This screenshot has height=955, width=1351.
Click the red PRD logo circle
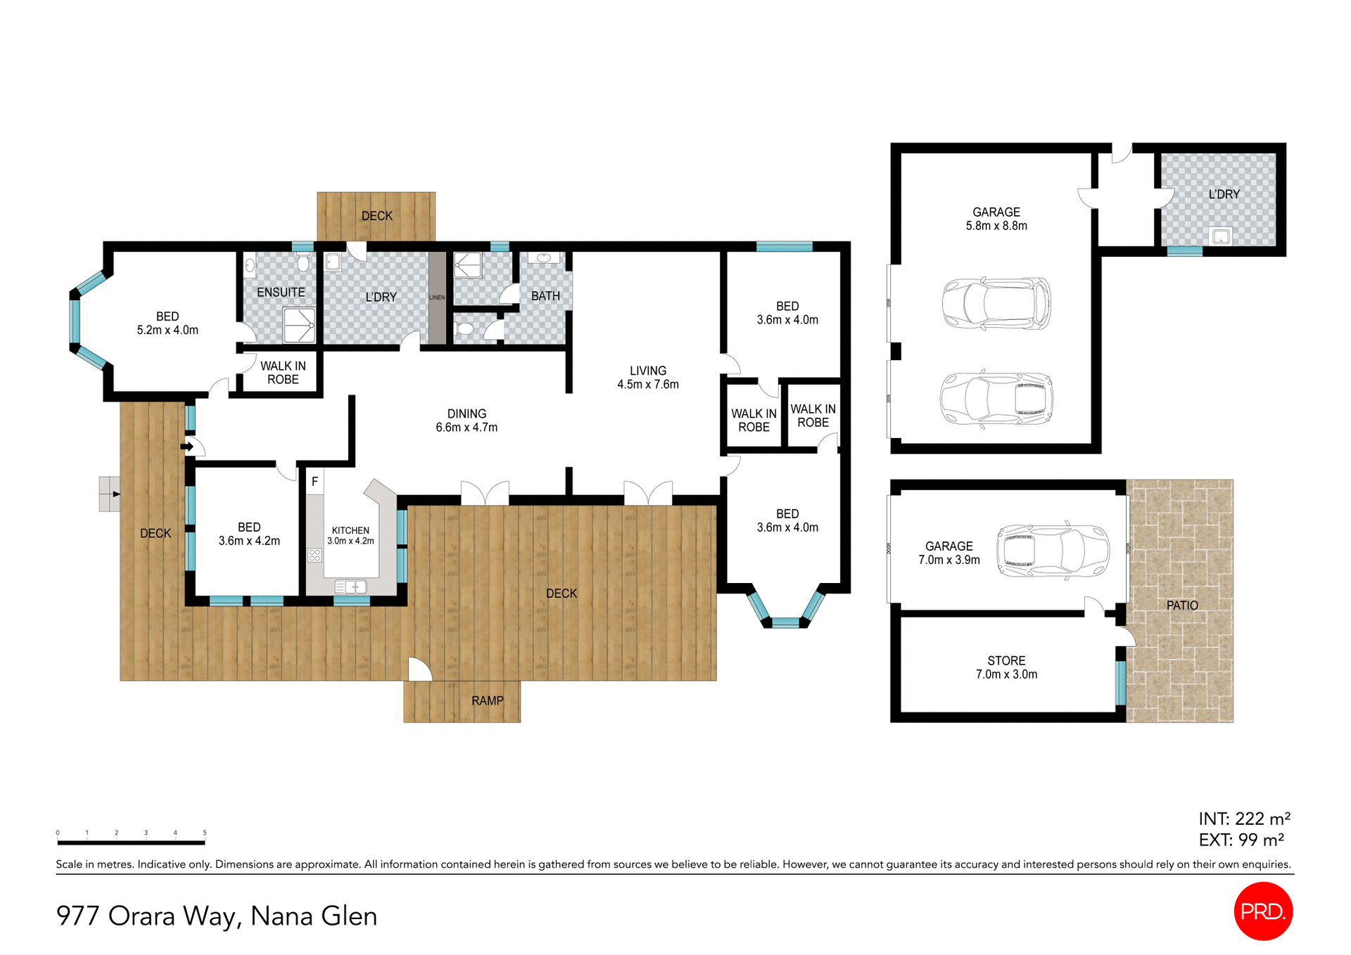1263,911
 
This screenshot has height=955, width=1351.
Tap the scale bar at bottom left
131,842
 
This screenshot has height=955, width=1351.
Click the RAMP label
487,701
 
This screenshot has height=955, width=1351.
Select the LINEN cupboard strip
437,297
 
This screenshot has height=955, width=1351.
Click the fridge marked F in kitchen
315,482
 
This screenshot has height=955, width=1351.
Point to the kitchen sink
350,587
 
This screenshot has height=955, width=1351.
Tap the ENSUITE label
281,292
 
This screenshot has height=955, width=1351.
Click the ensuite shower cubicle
299,325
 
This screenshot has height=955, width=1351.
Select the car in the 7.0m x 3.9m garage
1052,551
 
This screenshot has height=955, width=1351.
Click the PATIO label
1181,605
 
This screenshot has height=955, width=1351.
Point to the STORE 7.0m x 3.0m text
1006,667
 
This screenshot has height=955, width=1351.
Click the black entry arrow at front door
187,447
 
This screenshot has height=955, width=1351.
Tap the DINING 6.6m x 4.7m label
467,421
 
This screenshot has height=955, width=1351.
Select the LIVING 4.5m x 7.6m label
647,378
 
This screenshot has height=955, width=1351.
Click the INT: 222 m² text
1244,819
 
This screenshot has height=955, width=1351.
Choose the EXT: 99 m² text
1241,840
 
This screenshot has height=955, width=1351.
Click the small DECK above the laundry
376,216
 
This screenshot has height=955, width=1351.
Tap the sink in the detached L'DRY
1221,236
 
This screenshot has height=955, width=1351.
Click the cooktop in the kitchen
315,556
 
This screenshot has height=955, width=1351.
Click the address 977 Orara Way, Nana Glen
217,916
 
